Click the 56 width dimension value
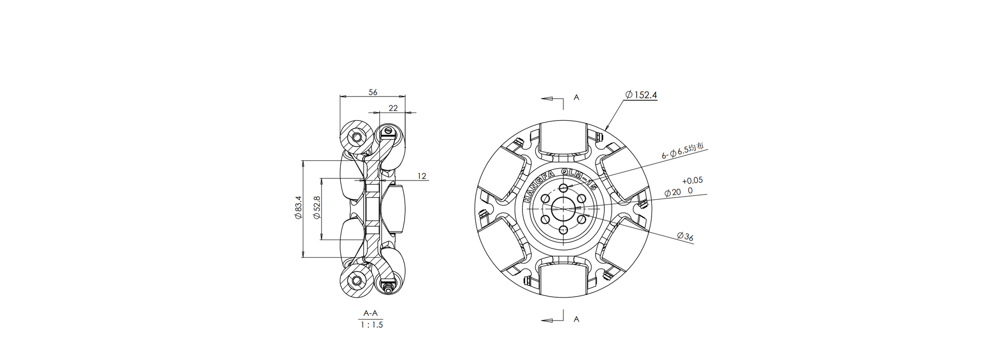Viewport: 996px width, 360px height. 373,92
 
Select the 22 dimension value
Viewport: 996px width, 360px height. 393,108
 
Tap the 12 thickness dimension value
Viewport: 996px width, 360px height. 422,176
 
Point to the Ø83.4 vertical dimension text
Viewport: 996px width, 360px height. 298,207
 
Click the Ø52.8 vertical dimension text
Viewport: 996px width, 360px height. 316,207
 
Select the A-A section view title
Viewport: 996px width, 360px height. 371,313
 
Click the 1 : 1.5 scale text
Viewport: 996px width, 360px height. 372,325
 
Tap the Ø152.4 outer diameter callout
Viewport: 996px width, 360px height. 641,95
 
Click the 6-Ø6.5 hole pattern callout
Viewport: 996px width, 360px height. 683,151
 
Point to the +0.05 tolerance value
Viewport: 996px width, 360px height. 693,181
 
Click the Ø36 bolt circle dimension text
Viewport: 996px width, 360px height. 685,237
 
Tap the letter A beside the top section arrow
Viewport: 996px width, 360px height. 576,98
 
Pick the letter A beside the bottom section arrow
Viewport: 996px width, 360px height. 576,320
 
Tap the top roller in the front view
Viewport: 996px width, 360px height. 564,138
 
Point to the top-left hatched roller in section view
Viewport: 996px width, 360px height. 356,136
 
